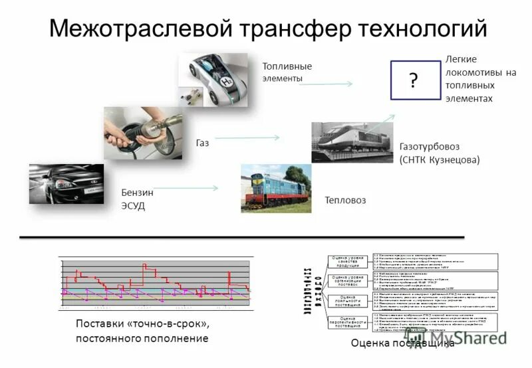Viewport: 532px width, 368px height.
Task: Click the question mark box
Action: coord(414,80)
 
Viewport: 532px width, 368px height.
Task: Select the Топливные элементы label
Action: coord(287,72)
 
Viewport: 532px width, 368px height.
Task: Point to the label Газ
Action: coord(202,143)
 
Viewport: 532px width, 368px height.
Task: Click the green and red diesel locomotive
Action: coord(273,189)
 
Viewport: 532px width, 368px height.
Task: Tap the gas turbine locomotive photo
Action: coord(350,142)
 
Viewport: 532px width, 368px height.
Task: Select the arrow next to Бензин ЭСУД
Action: coord(192,189)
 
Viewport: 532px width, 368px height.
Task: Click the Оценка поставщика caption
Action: coord(402,343)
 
